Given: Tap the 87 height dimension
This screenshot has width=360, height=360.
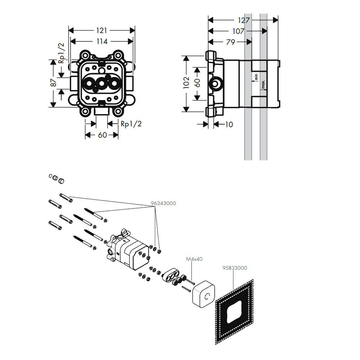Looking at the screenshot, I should point(54,83).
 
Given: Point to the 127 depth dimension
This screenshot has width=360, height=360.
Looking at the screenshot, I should point(244,21).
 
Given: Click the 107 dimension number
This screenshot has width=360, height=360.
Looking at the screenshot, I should point(238,32).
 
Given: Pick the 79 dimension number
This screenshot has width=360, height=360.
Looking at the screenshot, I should point(230,42).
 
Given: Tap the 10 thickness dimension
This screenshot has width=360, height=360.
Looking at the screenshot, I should point(229,125).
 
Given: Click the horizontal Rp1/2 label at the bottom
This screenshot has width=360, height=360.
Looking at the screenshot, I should point(131,124).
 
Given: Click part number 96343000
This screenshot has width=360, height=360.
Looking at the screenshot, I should point(163,203).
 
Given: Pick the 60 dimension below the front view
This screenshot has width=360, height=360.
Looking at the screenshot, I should point(102,135).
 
